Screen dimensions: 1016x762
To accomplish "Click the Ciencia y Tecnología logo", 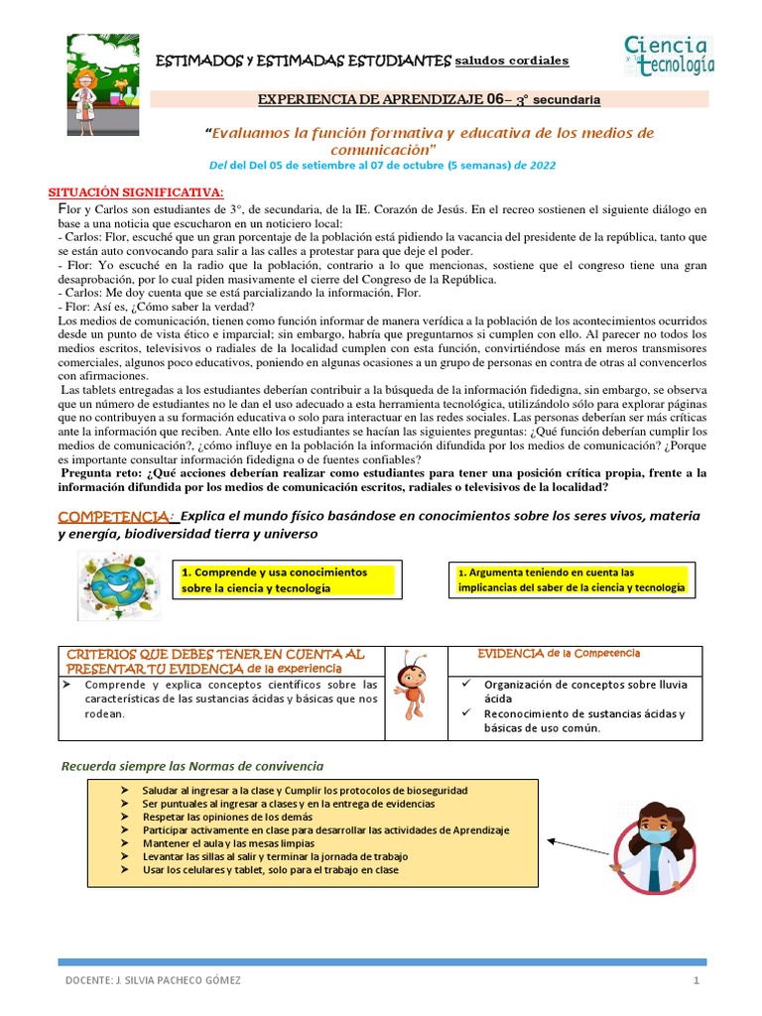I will coord(668,56).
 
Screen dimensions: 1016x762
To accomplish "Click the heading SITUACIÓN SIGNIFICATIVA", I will coord(137,191).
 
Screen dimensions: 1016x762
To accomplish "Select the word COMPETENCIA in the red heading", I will coord(114,517).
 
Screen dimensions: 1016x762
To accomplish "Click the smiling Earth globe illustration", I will coord(115,584).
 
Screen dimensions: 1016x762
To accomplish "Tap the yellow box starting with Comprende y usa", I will coord(287,580).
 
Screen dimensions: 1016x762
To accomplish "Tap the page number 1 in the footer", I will coord(697,980).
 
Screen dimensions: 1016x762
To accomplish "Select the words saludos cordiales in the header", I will coord(512,62).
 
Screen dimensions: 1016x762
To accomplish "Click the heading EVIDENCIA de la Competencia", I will coord(559,653).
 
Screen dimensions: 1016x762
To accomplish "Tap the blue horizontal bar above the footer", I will coord(382,960).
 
